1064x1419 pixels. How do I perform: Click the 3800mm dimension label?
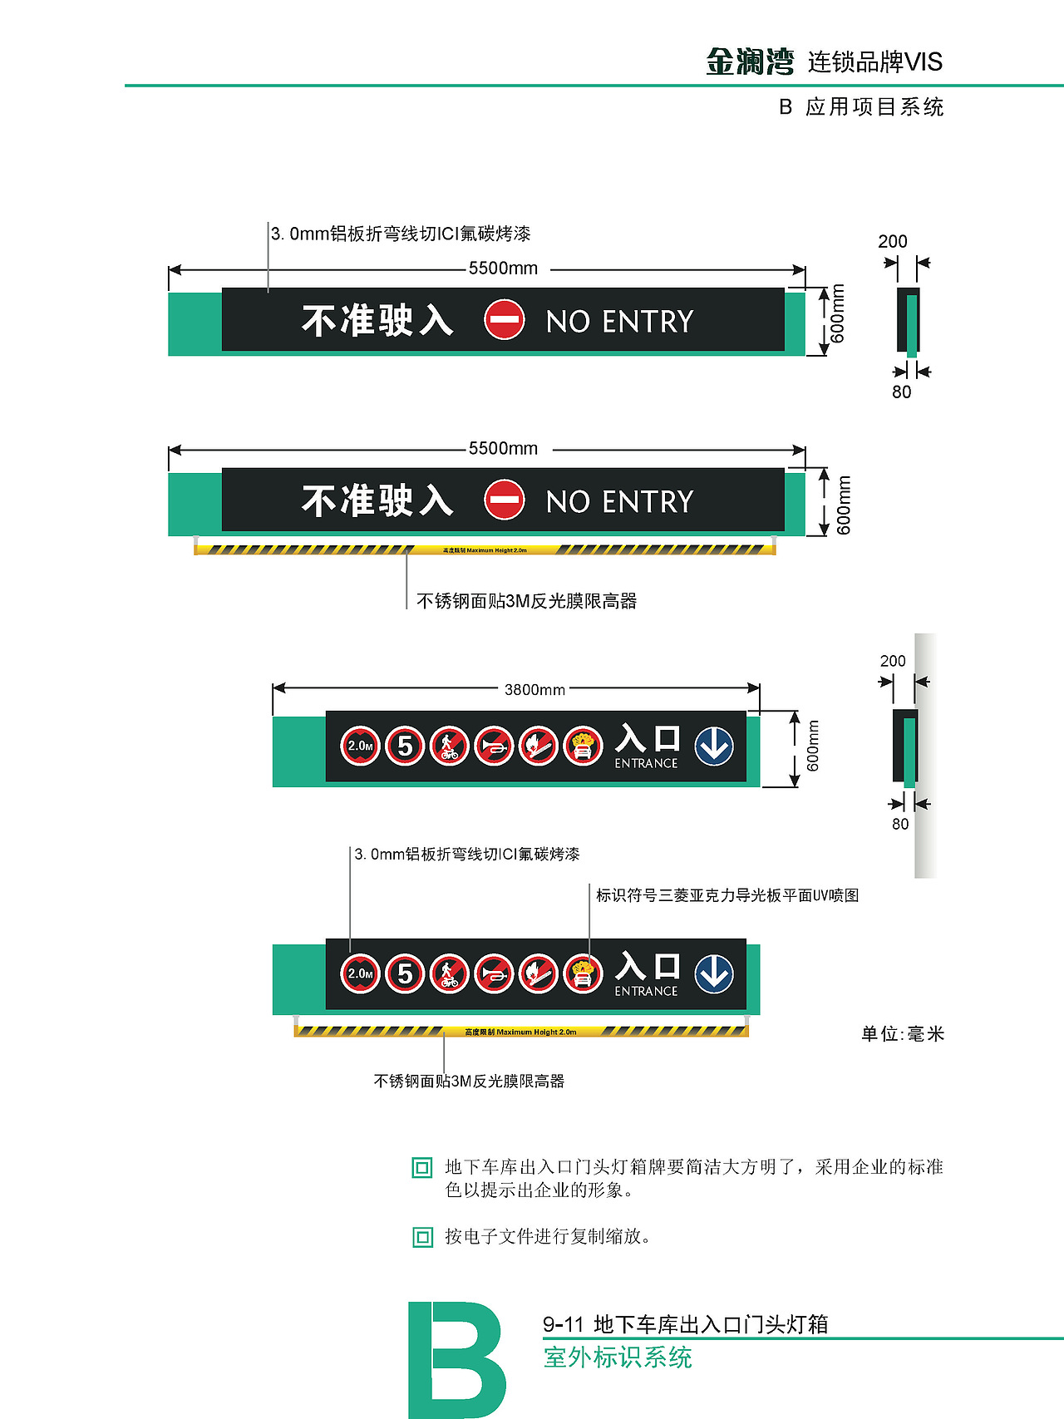(x=534, y=689)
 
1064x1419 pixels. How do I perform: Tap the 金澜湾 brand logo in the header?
(x=750, y=62)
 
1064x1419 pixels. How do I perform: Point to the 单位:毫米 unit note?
(x=903, y=1033)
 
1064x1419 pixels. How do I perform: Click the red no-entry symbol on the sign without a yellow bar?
(x=505, y=320)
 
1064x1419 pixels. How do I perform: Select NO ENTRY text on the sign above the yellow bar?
(x=619, y=501)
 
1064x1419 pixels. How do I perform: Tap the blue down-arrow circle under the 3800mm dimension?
(x=714, y=746)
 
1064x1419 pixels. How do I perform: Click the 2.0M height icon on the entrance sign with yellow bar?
(x=361, y=973)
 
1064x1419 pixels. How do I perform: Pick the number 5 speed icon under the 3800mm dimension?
(x=405, y=746)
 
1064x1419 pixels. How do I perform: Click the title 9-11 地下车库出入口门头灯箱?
(x=686, y=1323)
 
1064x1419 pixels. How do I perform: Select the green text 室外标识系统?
(x=618, y=1357)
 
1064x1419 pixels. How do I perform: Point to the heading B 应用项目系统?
(x=861, y=107)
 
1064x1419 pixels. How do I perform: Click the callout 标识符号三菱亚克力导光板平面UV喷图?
(x=727, y=895)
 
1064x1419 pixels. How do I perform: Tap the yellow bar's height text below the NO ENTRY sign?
(x=485, y=550)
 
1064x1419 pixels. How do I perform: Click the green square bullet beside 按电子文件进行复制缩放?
(x=422, y=1237)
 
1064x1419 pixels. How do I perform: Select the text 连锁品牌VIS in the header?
(x=874, y=62)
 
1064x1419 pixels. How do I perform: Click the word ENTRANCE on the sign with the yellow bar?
(x=646, y=991)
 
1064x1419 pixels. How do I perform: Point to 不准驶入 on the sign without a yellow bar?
(x=377, y=320)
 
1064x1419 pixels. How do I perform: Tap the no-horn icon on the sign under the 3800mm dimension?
(x=495, y=746)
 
